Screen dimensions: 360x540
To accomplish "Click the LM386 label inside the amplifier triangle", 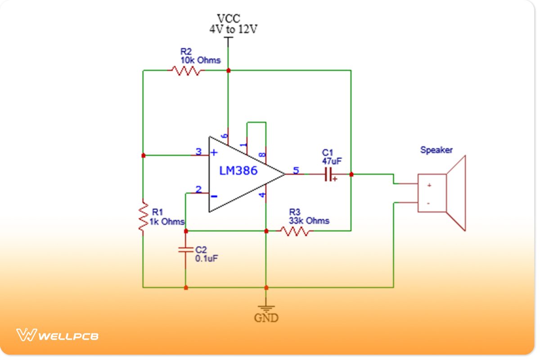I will tap(238, 171).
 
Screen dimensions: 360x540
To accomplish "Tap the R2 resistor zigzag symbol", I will tap(186, 71).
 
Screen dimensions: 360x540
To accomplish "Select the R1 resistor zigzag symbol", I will tap(143, 217).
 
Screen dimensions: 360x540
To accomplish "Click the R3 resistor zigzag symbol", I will tap(294, 231).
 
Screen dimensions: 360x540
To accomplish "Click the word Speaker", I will tap(436, 150).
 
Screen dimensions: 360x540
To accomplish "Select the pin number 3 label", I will tap(199, 152).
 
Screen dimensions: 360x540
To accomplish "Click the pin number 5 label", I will tap(296, 170).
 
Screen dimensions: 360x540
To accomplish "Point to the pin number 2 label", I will tap(199, 189).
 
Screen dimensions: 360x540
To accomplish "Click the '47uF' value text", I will tap(332, 161).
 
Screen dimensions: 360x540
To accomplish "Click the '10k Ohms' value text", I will tap(201, 60).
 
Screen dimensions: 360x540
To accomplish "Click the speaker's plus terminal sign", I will tap(429, 185).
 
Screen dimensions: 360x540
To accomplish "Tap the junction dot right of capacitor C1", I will tap(351, 174).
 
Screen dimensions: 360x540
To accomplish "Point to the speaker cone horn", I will tap(456, 193).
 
